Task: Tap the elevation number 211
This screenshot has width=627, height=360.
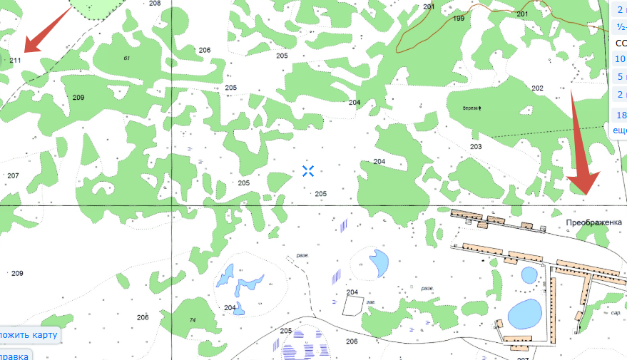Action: (x=16, y=60)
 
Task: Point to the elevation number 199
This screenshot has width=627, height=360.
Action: (x=459, y=19)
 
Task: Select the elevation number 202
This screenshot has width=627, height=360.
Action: (x=537, y=88)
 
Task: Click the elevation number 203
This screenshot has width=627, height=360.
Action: (x=476, y=147)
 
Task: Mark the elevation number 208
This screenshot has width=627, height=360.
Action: (x=156, y=4)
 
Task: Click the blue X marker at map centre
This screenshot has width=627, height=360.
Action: (x=308, y=170)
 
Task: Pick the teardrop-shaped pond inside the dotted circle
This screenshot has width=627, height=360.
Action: (x=378, y=264)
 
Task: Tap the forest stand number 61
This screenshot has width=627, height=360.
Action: (x=127, y=58)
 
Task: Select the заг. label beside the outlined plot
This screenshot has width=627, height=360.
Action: (x=370, y=302)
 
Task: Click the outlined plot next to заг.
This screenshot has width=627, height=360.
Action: (x=352, y=305)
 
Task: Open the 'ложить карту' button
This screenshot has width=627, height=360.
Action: (x=29, y=335)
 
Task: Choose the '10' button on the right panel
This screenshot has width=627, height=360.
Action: (x=620, y=59)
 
